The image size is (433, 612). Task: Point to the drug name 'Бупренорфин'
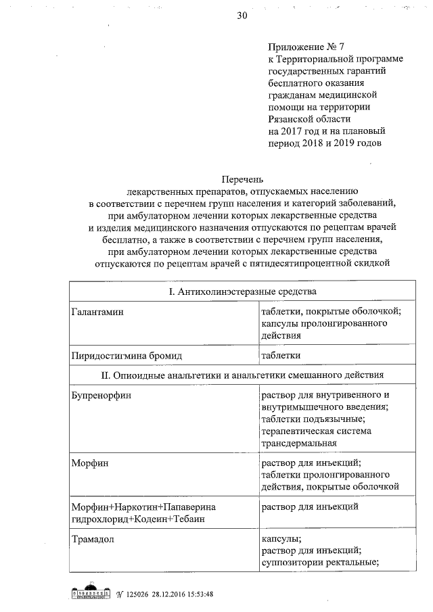click(x=101, y=394)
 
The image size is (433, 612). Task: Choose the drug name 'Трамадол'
click(x=95, y=539)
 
